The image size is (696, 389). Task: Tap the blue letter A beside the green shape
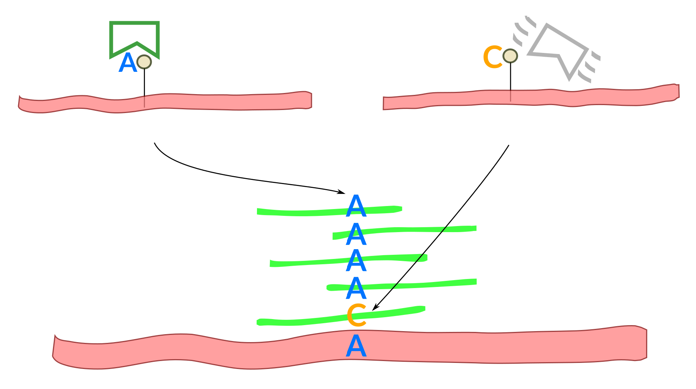[x=128, y=63]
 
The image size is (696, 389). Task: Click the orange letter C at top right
[x=493, y=57]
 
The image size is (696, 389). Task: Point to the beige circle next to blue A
[x=144, y=62]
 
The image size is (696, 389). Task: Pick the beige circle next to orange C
[x=510, y=56]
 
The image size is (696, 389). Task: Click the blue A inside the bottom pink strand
[x=356, y=346]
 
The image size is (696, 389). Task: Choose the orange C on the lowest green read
[x=356, y=315]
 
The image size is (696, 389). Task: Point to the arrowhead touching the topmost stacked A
[x=342, y=193]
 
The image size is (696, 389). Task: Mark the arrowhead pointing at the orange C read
[x=375, y=308]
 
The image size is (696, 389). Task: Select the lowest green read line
[x=295, y=322]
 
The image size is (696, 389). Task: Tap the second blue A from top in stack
[x=356, y=234]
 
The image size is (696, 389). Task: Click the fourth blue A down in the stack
[x=356, y=288]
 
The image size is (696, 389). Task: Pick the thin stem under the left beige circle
[x=144, y=85]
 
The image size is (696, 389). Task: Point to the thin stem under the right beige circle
[x=511, y=79]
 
